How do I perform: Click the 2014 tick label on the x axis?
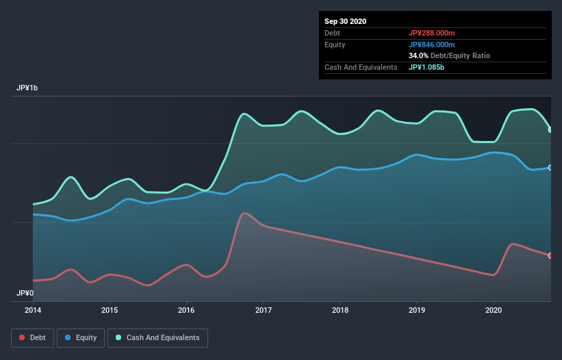(33, 309)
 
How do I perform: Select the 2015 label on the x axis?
(110, 309)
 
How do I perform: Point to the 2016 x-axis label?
(186, 309)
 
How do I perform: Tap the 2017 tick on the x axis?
(264, 309)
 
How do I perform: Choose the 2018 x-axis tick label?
(340, 309)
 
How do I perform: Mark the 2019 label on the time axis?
(417, 309)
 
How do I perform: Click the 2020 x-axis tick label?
(494, 309)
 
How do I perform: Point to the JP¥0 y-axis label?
(25, 293)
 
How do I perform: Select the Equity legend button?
(81, 337)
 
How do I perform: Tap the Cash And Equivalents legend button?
(157, 337)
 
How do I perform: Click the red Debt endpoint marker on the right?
(550, 255)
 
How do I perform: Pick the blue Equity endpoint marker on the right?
(550, 167)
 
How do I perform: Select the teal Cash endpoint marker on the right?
(550, 129)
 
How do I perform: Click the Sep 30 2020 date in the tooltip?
(346, 21)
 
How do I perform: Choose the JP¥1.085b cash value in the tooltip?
(429, 67)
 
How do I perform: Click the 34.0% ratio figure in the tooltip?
(419, 55)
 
